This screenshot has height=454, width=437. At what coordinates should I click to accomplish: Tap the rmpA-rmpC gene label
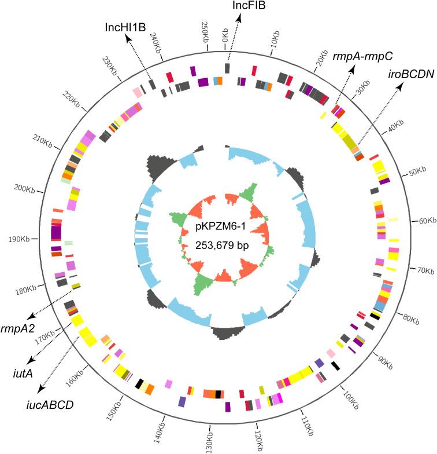coord(363,57)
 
